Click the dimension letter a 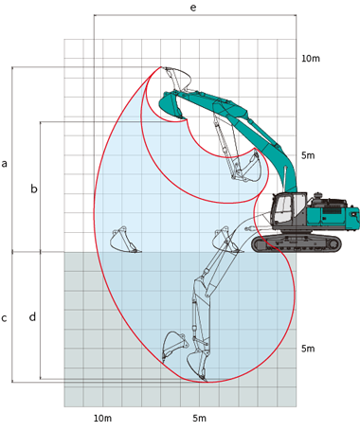(5, 164)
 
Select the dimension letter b (34, 189)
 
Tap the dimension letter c (5, 318)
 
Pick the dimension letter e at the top (193, 8)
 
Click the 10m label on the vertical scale (311, 59)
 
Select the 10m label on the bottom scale (102, 418)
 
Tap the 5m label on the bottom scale (199, 418)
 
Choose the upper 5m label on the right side (307, 155)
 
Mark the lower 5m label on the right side (307, 349)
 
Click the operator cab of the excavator (286, 212)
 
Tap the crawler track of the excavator (297, 243)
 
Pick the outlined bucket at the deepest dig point (203, 364)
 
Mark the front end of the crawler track (258, 243)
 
